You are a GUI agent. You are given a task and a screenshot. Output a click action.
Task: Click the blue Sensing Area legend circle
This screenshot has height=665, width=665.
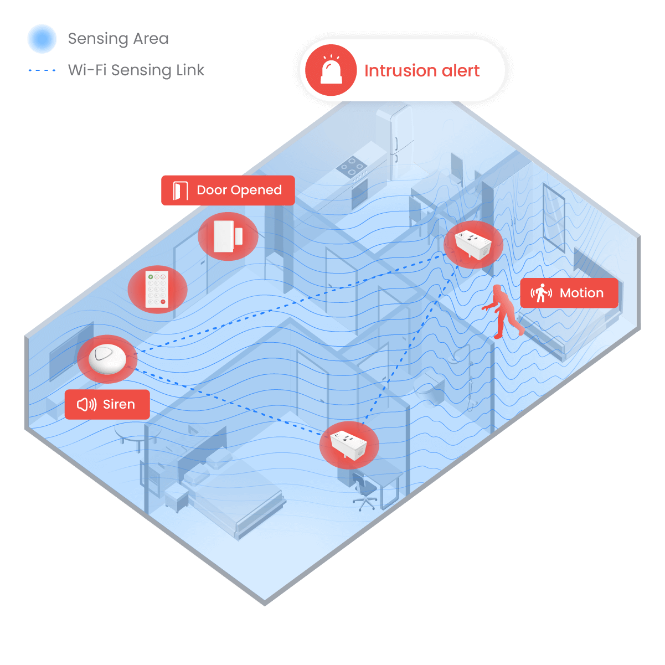pyautogui.click(x=42, y=39)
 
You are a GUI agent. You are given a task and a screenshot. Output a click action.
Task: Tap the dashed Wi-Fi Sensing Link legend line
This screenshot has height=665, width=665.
pyautogui.click(x=42, y=70)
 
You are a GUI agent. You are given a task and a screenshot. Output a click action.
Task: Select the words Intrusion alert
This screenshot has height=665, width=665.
pyautogui.click(x=421, y=71)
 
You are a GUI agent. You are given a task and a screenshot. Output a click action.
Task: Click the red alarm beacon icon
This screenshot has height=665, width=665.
pyautogui.click(x=331, y=70)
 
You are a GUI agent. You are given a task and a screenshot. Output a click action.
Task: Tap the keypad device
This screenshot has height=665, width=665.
pyautogui.click(x=157, y=288)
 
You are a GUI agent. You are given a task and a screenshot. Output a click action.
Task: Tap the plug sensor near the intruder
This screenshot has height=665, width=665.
pyautogui.click(x=472, y=244)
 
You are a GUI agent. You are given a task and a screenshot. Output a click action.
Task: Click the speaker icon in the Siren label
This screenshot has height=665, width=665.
pyautogui.click(x=86, y=404)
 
